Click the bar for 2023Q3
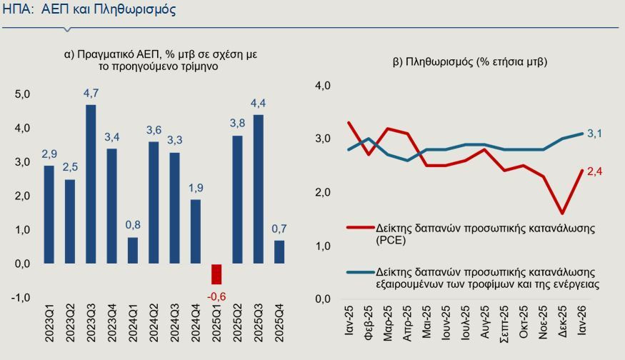click(91, 184)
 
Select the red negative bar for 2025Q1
click(216, 274)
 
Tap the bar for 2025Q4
click(279, 251)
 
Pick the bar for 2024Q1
click(133, 251)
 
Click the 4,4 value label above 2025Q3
click(258, 104)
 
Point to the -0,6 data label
click(216, 296)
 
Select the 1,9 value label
click(196, 188)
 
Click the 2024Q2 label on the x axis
click(154, 323)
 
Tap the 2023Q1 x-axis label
click(49, 323)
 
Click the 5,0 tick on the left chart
click(22, 94)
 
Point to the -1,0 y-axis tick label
click(20, 298)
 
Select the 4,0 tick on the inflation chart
click(323, 85)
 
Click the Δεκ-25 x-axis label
click(562, 321)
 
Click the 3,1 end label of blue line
click(595, 134)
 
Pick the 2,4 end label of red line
click(595, 172)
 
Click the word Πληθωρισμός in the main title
click(135, 9)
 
